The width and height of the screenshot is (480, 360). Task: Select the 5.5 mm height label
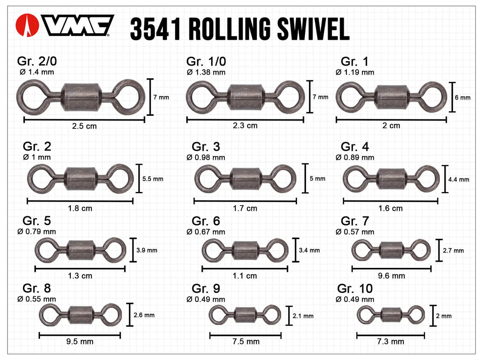[152, 179]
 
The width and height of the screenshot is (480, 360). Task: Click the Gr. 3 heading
[206, 147]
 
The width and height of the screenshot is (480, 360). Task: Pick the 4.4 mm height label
[459, 179]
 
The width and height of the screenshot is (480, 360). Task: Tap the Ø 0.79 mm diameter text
[36, 232]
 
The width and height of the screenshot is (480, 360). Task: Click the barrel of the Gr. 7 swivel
[391, 250]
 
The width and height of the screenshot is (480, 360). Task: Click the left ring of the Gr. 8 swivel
[50, 315]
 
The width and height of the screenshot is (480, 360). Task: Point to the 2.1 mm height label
[303, 316]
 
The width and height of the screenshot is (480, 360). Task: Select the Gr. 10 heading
[355, 288]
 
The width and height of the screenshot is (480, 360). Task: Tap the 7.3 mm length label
[391, 341]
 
